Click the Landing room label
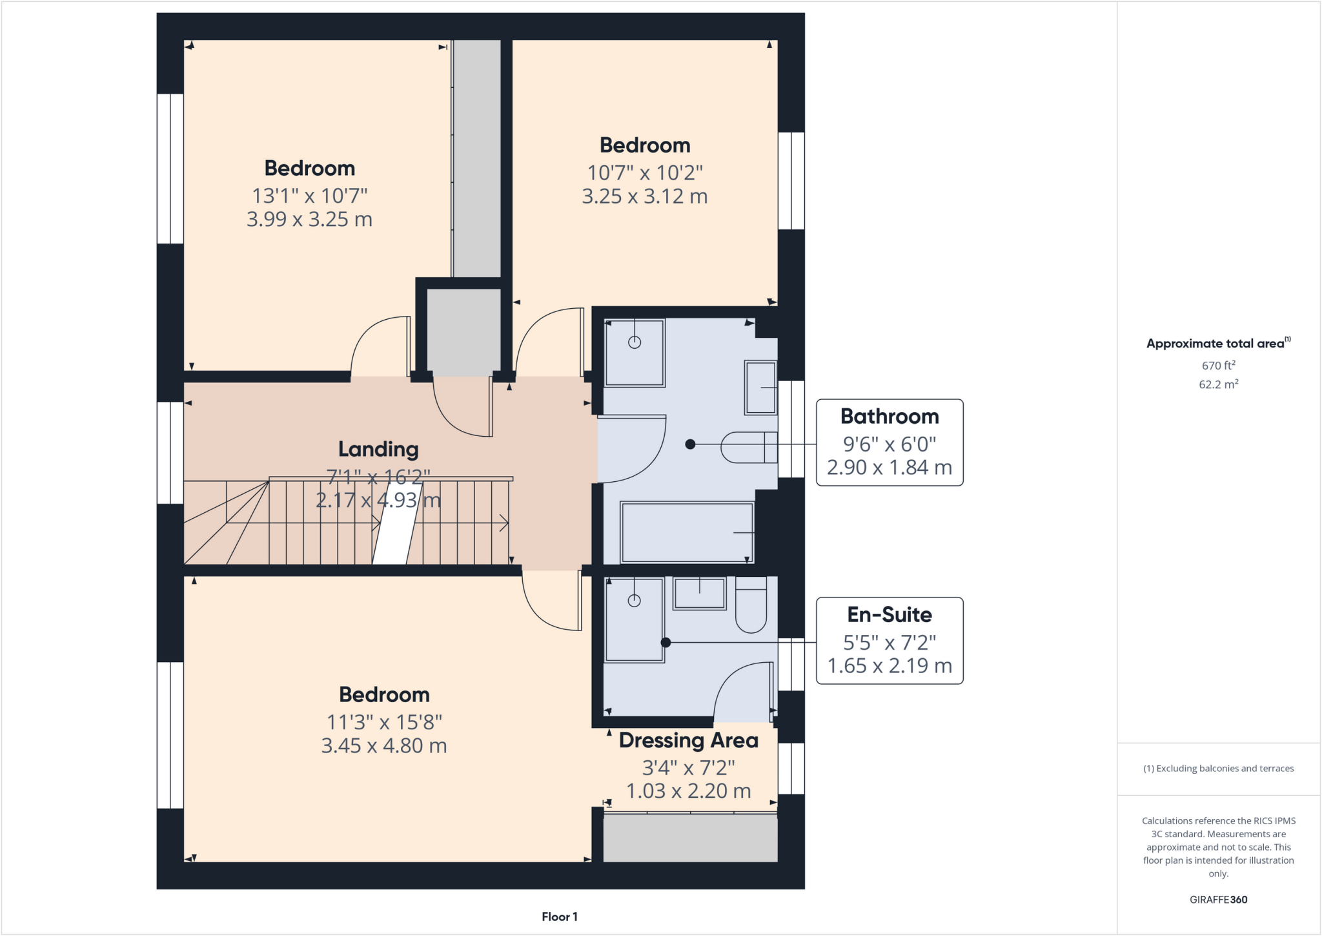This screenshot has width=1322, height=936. [x=378, y=449]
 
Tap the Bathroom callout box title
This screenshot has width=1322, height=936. [x=889, y=417]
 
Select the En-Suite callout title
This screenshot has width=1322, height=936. [x=889, y=615]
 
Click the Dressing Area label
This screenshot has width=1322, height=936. [x=688, y=740]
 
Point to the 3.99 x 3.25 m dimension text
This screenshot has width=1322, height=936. [x=309, y=220]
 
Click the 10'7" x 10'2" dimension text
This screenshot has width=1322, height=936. [x=644, y=173]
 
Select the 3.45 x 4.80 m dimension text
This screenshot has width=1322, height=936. [x=384, y=746]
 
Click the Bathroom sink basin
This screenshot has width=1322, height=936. [x=760, y=388]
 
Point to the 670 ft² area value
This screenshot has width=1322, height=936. [x=1218, y=366]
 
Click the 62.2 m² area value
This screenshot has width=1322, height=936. [x=1218, y=384]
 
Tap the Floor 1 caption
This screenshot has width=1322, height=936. [x=559, y=917]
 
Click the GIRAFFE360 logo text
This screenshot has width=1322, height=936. [x=1218, y=899]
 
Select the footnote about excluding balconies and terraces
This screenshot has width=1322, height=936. [x=1218, y=769]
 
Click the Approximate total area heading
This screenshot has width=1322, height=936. [x=1217, y=344]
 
